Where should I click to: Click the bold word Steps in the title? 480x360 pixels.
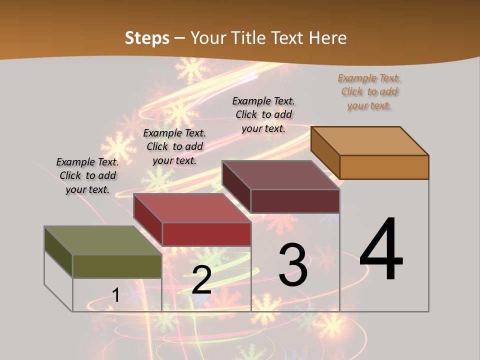click(x=147, y=38)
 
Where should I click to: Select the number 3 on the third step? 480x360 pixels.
click(x=293, y=265)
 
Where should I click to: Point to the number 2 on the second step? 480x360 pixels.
click(x=201, y=280)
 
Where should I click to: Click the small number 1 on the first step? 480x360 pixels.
click(x=116, y=295)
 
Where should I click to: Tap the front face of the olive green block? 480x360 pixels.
click(x=117, y=266)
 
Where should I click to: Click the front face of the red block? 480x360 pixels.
click(x=206, y=234)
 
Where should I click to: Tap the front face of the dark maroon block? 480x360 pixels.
click(x=295, y=201)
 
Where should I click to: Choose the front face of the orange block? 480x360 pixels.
click(x=384, y=167)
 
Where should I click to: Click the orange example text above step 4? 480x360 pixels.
click(x=369, y=92)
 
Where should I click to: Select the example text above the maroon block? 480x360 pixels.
click(x=263, y=115)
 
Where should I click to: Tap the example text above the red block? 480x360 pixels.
click(x=174, y=147)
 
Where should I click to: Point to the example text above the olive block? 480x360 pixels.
click(x=87, y=176)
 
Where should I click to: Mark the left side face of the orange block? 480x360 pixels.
click(x=325, y=152)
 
